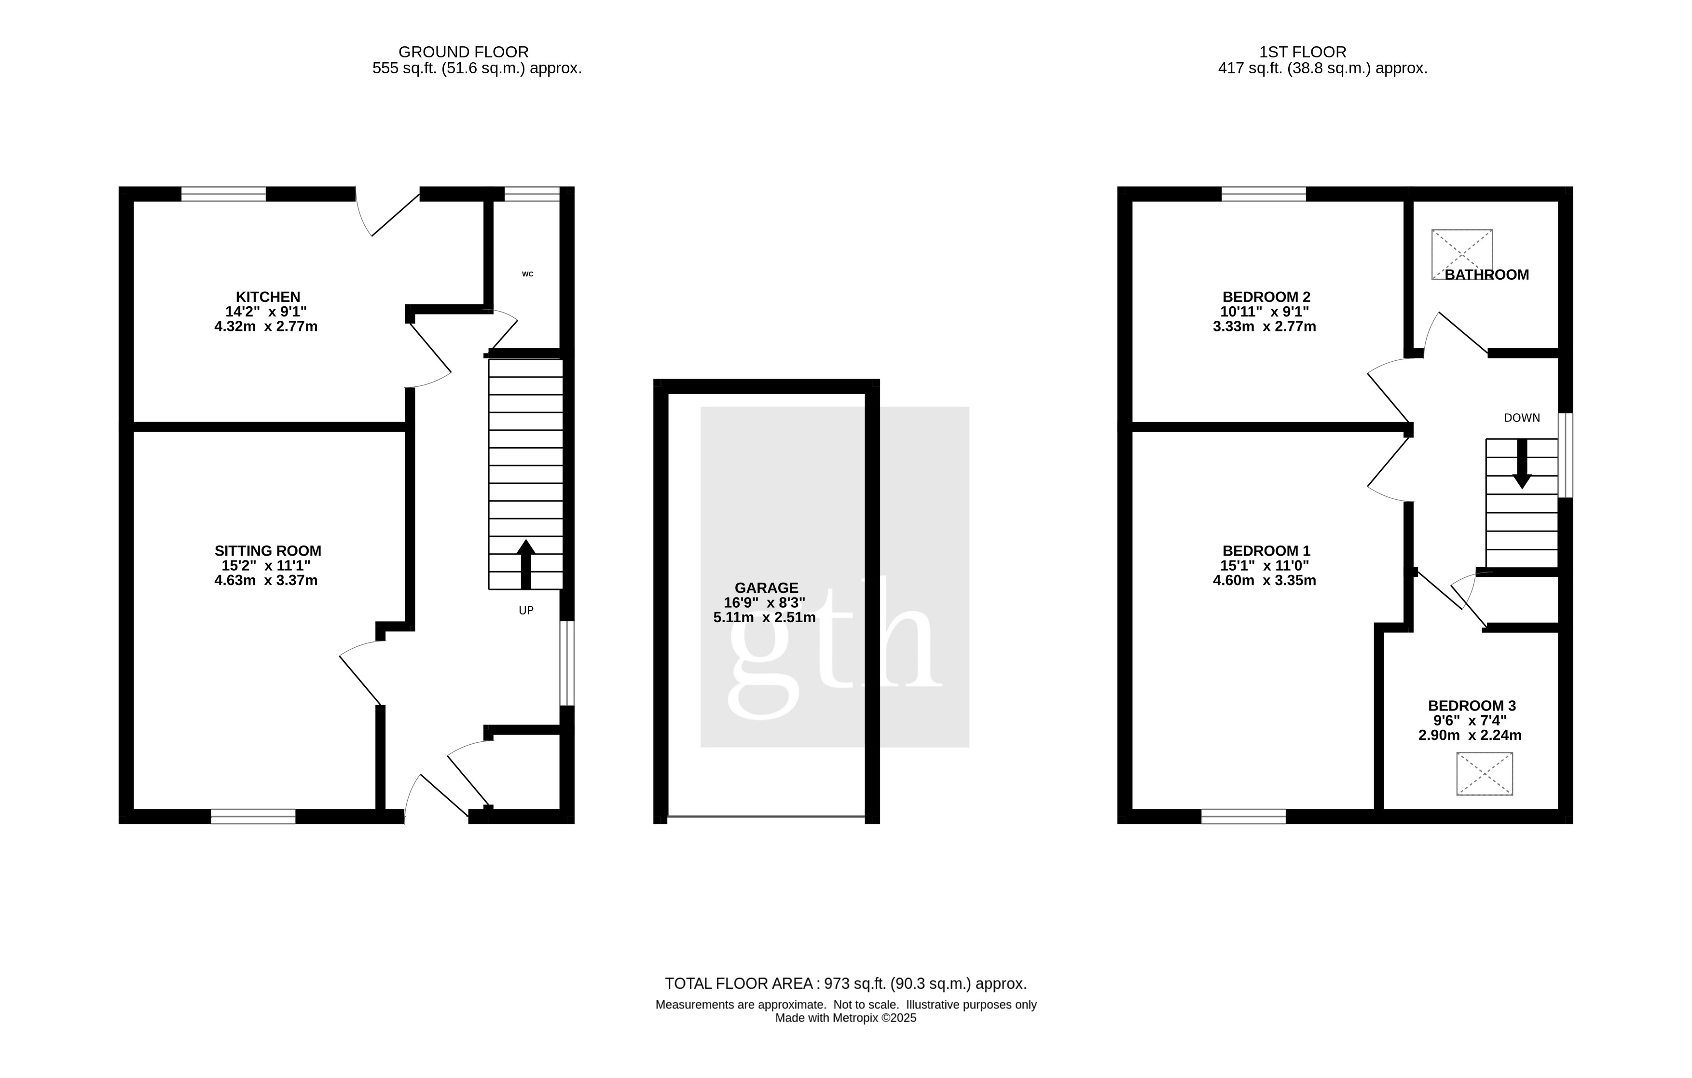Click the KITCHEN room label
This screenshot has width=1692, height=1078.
(x=268, y=297)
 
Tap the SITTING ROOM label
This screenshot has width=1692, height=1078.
(x=268, y=551)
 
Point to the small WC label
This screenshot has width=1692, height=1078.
(x=528, y=274)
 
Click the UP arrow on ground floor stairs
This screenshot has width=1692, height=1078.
(x=525, y=564)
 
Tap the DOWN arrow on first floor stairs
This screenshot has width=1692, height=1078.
(x=1522, y=464)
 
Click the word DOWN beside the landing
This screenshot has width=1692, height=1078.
(x=1522, y=418)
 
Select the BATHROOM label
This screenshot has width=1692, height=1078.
(x=1487, y=274)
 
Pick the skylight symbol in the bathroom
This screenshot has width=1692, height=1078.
(x=1462, y=254)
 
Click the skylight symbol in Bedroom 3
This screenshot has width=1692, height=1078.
(x=1485, y=774)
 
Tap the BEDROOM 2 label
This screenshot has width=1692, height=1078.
(x=1266, y=297)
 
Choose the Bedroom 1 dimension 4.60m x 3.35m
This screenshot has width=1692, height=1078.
(x=1265, y=581)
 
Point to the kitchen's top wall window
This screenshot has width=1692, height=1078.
(x=223, y=194)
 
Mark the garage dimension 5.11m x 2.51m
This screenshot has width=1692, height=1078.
(x=765, y=618)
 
